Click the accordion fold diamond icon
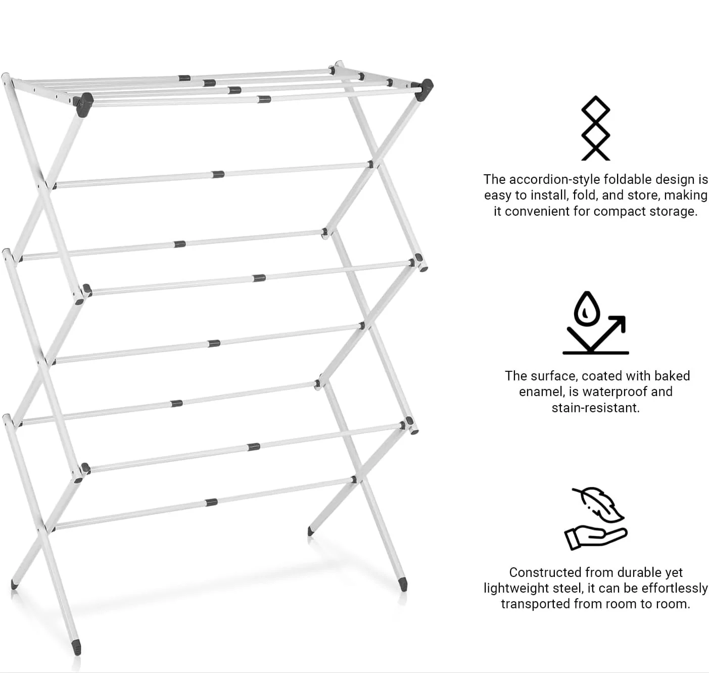(595, 128)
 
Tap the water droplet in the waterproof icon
(587, 309)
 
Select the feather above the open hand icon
(599, 505)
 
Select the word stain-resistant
(595, 408)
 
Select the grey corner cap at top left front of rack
(84, 105)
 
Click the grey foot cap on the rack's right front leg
(404, 584)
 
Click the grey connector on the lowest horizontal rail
(211, 502)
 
